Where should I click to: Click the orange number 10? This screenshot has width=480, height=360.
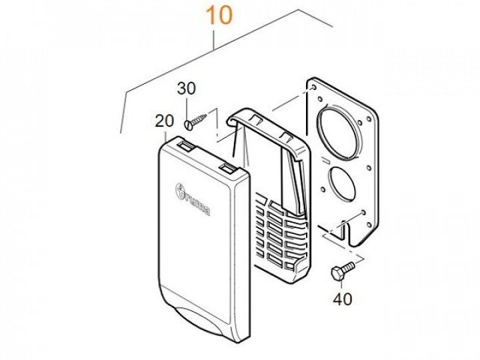tap(219, 15)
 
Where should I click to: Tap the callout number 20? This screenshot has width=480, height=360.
tap(163, 121)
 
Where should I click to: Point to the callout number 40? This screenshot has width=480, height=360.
tap(342, 299)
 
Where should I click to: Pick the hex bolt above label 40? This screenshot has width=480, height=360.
tap(341, 272)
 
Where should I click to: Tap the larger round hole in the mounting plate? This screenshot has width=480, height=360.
tap(341, 134)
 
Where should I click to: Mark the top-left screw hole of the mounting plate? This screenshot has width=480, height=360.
tap(311, 87)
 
